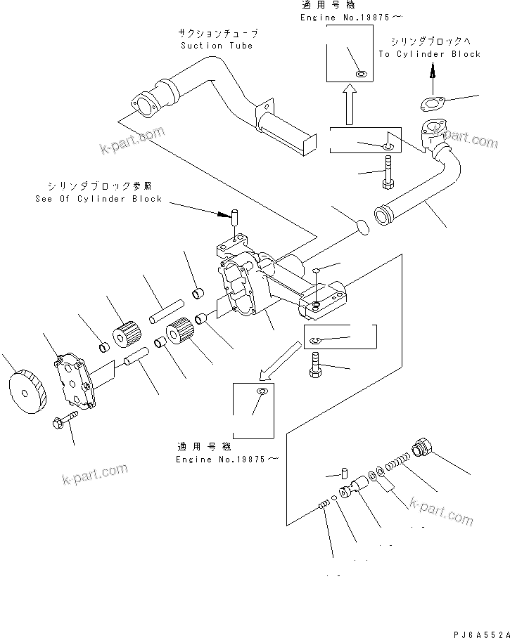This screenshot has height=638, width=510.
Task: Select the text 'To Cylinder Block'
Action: [429, 54]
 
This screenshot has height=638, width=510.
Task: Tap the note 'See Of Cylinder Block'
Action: [98, 199]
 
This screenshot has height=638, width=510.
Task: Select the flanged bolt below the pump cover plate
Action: [61, 422]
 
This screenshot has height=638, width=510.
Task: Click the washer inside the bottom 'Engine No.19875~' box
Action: [262, 391]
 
